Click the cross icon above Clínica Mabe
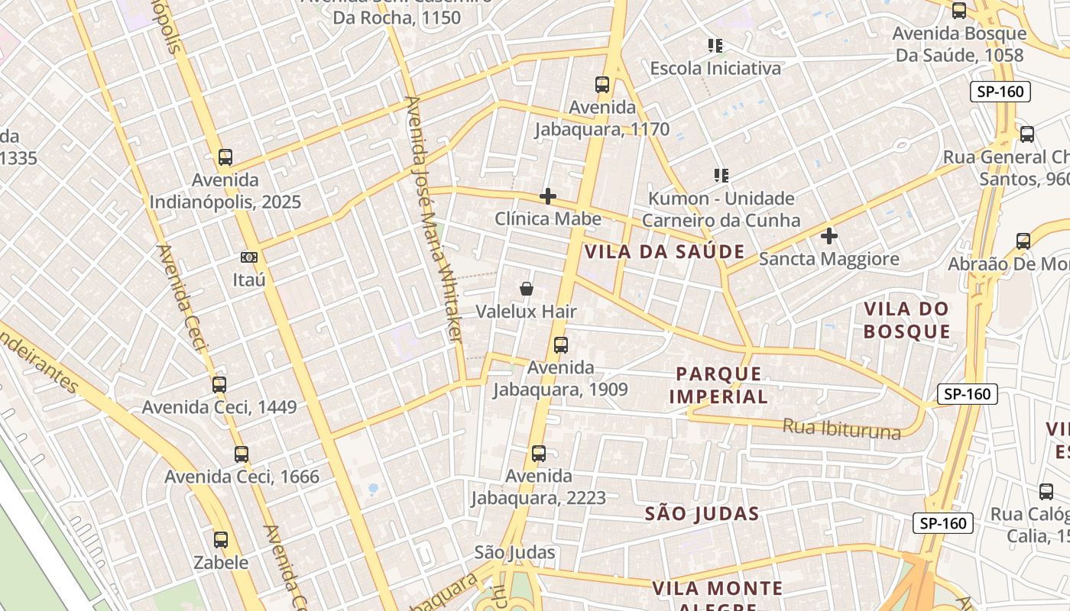click(x=548, y=197)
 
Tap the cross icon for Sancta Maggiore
click(x=829, y=236)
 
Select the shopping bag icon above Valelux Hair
click(x=526, y=289)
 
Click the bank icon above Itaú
click(x=249, y=257)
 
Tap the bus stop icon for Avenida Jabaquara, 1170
click(x=602, y=85)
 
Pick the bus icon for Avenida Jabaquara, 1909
click(x=561, y=345)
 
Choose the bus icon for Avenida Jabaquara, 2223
click(x=539, y=454)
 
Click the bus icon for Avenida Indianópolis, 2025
click(x=225, y=157)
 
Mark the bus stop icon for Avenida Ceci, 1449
click(x=219, y=384)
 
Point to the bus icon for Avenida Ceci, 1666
click(x=242, y=454)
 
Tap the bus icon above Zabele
click(x=221, y=540)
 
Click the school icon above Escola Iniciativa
click(x=715, y=46)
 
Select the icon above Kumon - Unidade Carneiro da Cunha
click(x=721, y=176)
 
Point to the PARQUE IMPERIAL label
click(x=718, y=385)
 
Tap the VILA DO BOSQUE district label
click(x=906, y=320)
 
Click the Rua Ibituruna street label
click(x=841, y=428)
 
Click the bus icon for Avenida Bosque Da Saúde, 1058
click(x=959, y=11)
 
